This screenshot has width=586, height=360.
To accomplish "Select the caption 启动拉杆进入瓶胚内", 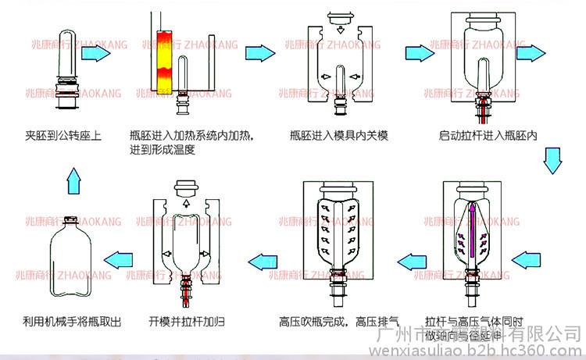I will tap(488, 135).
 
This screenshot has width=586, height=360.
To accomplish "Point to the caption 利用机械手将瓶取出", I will tap(72, 320).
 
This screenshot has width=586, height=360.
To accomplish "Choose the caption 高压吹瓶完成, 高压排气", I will tap(339, 320).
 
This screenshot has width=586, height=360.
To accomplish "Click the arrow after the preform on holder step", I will tap(98, 53).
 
